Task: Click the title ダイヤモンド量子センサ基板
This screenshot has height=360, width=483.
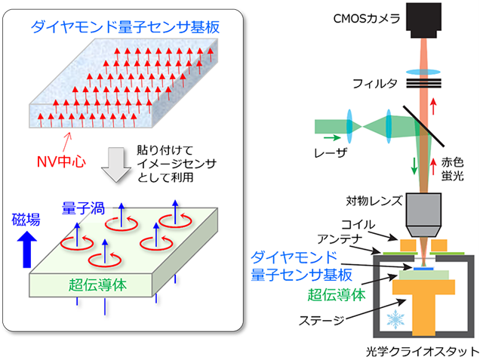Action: (x=125, y=28)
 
